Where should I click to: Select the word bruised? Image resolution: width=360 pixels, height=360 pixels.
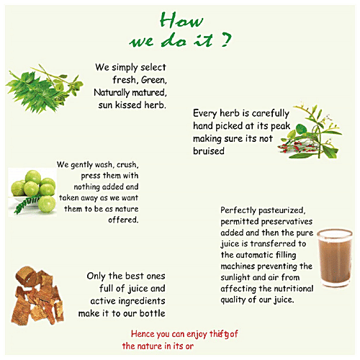pyautogui.click(x=210, y=151)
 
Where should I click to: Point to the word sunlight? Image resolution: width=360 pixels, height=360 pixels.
pyautogui.click(x=239, y=276)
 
